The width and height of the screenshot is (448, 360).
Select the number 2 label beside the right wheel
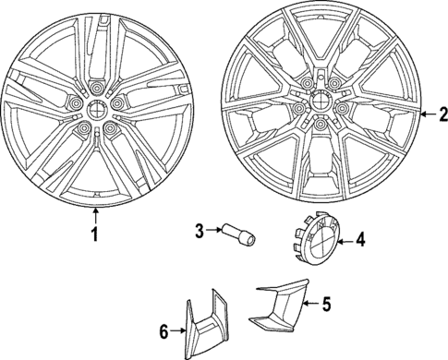pos(442,114)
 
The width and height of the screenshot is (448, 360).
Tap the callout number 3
pos(198,230)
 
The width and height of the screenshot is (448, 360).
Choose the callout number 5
pos(324,303)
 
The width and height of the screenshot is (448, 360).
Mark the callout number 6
pos(165,330)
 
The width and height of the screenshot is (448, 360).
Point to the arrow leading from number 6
pos(180,330)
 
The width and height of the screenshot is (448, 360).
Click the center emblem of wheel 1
pos(96,108)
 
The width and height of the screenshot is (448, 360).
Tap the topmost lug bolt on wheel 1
pos(97,89)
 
